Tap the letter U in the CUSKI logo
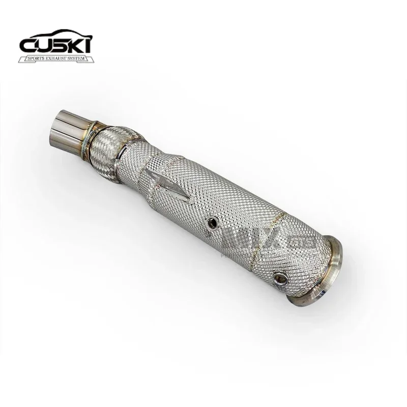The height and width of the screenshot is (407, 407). point(45,46)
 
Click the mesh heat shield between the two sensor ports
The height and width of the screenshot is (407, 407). point(244,249)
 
